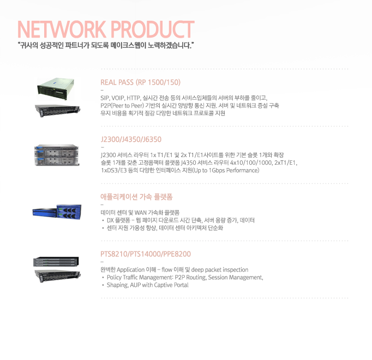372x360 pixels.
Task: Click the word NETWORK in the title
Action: tap(62, 29)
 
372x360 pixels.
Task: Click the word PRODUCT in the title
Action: tap(152, 29)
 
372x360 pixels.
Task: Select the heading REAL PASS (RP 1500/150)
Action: tap(140, 82)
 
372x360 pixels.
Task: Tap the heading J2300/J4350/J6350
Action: tap(131, 139)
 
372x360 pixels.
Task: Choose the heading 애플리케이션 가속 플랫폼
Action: tap(136, 197)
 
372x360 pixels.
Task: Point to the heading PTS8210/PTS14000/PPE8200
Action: tap(146, 254)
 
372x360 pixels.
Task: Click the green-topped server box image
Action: tap(56, 89)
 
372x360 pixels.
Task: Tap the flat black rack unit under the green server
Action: tap(58, 110)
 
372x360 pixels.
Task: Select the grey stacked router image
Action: tap(57, 155)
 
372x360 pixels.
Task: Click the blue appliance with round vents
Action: tap(69, 212)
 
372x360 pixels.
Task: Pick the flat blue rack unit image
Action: tap(45, 212)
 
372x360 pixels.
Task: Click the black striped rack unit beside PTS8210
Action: tap(56, 261)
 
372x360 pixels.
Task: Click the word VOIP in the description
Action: tap(118, 98)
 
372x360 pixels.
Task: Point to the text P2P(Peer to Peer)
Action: tap(122, 106)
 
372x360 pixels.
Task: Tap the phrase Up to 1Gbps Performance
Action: tap(226, 170)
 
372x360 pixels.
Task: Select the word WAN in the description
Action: tap(141, 212)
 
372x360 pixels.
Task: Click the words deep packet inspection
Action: tap(220, 270)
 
